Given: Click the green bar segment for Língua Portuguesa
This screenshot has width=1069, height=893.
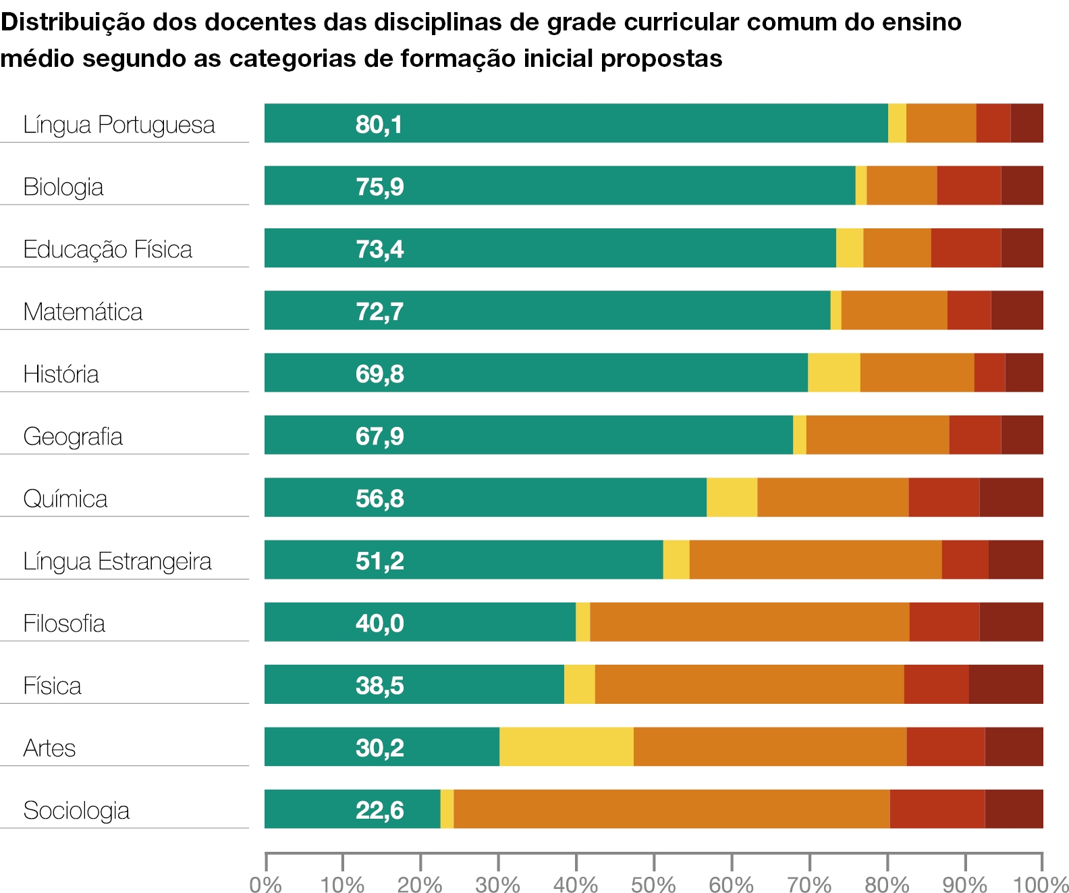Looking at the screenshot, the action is tap(576, 123).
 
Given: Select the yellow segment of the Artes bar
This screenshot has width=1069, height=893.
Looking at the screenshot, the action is tap(566, 746).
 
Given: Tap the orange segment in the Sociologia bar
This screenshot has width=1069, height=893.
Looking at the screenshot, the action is tap(671, 809).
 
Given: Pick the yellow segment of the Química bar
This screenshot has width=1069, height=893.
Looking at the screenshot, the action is tap(732, 497).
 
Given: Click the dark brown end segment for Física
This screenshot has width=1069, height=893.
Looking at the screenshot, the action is tap(1006, 684).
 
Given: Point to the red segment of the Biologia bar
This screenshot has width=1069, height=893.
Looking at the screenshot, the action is tap(969, 186).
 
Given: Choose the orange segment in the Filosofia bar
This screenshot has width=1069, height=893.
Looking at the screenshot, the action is tap(750, 622).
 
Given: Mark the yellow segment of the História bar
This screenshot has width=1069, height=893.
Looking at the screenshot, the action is tap(834, 373).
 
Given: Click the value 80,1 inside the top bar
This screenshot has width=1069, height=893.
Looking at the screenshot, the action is tap(379, 124).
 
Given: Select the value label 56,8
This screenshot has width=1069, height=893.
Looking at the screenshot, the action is tap(379, 499).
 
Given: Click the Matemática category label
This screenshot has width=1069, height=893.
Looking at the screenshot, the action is tap(83, 311).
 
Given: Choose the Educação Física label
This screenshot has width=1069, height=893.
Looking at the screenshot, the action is tap(108, 250).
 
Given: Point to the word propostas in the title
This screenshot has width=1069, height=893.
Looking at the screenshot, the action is tap(661, 59).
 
